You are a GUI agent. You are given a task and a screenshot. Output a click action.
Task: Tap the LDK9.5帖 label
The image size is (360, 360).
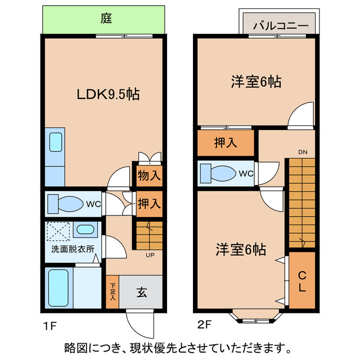(108, 93)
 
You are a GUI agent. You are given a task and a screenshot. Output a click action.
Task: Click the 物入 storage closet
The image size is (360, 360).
(149, 175)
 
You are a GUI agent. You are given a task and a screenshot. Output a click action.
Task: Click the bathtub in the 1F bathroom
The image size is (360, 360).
(57, 287)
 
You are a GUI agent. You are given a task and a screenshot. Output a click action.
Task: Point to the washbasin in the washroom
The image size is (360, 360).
(85, 229)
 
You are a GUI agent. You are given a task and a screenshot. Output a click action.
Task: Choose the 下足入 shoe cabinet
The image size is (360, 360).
(112, 292)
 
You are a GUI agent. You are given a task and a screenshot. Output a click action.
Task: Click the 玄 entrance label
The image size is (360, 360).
(142, 292)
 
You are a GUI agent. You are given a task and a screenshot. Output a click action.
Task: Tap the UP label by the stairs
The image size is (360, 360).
(150, 255)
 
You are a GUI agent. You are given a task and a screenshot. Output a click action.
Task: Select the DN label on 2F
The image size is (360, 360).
(302, 152)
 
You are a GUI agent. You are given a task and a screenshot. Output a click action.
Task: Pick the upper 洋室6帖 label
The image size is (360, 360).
(255, 82)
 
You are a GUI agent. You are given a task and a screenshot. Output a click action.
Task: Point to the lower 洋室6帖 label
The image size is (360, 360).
(241, 249)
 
